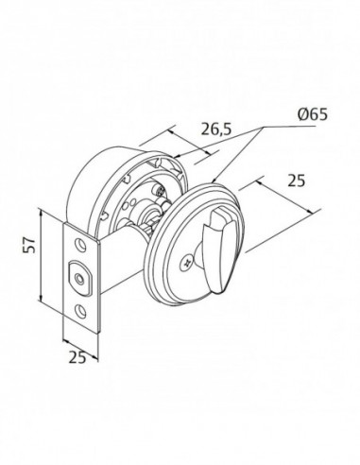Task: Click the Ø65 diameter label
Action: pyautogui.click(x=312, y=114)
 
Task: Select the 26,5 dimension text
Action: pyautogui.click(x=216, y=129)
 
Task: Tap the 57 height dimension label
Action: pyautogui.click(x=30, y=245)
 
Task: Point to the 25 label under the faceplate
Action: pyautogui.click(x=77, y=357)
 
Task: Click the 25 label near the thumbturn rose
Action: pyautogui.click(x=297, y=181)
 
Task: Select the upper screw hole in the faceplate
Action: pyautogui.click(x=80, y=245)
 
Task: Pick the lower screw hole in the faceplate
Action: pyautogui.click(x=80, y=310)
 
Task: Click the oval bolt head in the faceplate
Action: pyautogui.click(x=79, y=277)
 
